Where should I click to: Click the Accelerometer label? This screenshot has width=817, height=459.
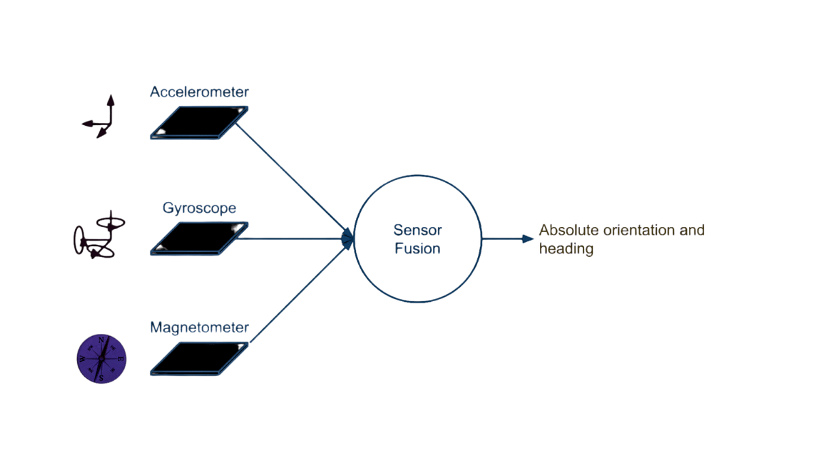click(x=199, y=92)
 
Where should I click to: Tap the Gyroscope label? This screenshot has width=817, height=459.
click(x=199, y=208)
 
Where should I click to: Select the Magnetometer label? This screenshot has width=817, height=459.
click(x=199, y=328)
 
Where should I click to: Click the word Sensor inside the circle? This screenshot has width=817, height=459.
click(x=417, y=231)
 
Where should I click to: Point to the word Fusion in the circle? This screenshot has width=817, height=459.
click(x=417, y=249)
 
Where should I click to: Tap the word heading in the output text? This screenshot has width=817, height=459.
click(x=566, y=249)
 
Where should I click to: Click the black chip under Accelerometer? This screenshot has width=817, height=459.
click(x=199, y=122)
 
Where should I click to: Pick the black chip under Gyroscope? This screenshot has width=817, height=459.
click(x=199, y=239)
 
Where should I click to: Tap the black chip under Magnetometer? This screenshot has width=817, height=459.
click(x=199, y=358)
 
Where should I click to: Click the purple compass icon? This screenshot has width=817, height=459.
click(x=101, y=358)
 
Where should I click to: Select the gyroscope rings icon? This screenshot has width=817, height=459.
click(x=96, y=237)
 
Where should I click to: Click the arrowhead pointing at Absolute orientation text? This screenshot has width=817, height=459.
click(x=527, y=239)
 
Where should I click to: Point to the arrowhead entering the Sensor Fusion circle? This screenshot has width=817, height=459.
click(x=348, y=238)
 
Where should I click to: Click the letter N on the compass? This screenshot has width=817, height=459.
click(x=101, y=339)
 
